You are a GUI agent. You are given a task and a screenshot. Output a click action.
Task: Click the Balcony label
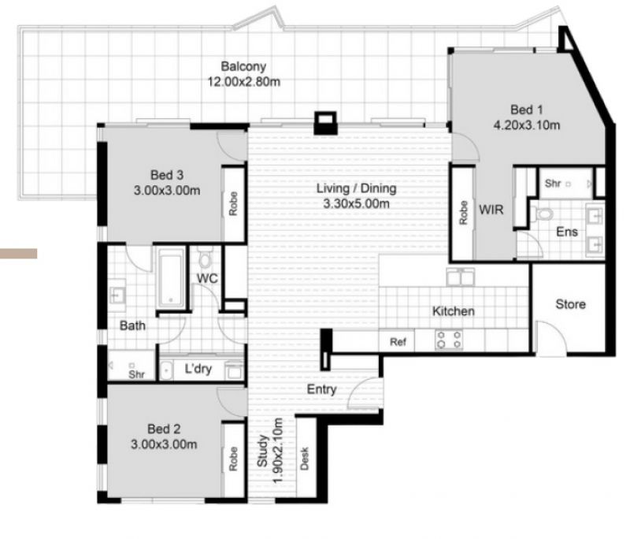(x=243, y=66)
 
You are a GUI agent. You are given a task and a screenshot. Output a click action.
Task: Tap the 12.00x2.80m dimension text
(x=244, y=82)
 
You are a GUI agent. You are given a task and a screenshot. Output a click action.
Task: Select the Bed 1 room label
(x=526, y=110)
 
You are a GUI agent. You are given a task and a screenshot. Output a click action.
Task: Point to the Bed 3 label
(x=167, y=175)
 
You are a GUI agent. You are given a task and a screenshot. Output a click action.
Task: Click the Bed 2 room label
(x=164, y=429)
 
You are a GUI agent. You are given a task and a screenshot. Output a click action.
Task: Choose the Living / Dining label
(x=357, y=188)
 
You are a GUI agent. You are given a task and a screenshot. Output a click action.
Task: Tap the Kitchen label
(x=454, y=311)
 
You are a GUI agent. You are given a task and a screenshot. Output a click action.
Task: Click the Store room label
(x=570, y=304)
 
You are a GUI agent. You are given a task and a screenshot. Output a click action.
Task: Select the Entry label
(x=321, y=389)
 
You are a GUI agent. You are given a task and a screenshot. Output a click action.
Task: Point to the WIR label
(x=491, y=210)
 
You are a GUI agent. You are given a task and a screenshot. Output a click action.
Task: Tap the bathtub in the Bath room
(x=171, y=277)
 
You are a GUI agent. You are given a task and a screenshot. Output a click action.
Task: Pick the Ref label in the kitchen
(x=398, y=342)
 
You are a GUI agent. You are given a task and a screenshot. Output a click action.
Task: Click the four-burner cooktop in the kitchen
(x=449, y=339)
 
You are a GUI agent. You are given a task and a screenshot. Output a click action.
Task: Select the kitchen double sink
(x=461, y=277)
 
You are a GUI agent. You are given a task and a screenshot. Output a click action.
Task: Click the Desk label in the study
(x=305, y=458)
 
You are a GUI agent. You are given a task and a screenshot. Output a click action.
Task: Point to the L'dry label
(x=198, y=369)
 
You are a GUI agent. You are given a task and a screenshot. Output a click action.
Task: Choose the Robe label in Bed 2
(x=233, y=459)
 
